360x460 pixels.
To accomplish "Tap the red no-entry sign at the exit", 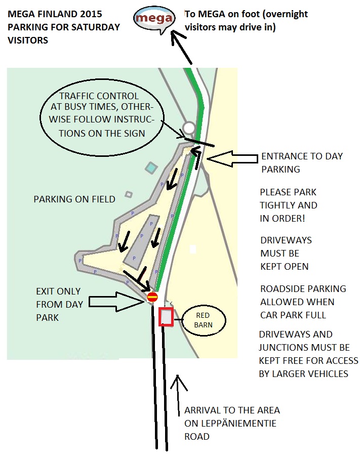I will pos(152,297).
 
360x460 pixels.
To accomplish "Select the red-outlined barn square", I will pos(167,317).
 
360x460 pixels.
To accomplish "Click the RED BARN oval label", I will pos(203,320).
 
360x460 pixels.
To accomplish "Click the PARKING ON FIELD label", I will pos(74,199).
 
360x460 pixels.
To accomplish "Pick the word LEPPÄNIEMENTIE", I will pos(230,423).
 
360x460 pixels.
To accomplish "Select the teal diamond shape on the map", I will pos(150,167).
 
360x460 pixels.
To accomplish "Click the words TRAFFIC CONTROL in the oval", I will pos(99,96).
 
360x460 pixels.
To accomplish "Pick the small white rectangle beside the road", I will pos(192,249).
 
